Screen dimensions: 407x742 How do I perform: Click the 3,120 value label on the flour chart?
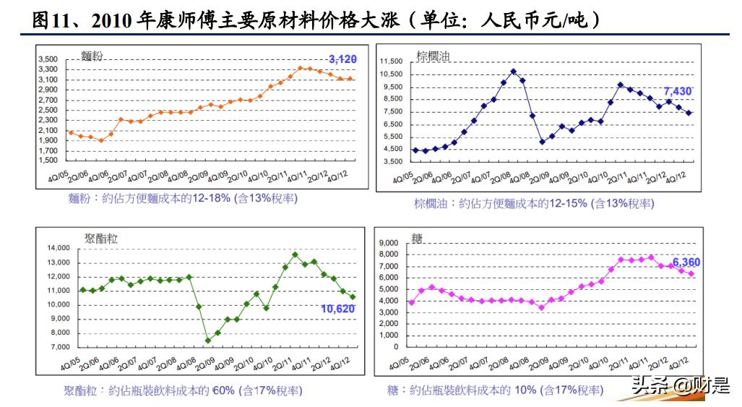(342, 59)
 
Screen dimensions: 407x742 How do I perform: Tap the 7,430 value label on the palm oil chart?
(678, 91)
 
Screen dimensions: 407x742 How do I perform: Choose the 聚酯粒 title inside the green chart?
(101, 239)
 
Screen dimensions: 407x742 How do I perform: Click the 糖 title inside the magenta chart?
(417, 239)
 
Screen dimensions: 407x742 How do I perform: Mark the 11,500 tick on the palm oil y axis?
(391, 62)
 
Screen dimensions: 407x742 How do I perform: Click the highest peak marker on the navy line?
(513, 71)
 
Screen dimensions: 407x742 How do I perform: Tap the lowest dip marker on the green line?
(208, 340)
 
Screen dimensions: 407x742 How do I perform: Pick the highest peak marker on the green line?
(295, 254)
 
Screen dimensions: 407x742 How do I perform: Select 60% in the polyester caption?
(223, 390)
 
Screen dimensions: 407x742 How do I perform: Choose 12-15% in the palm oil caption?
(567, 204)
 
